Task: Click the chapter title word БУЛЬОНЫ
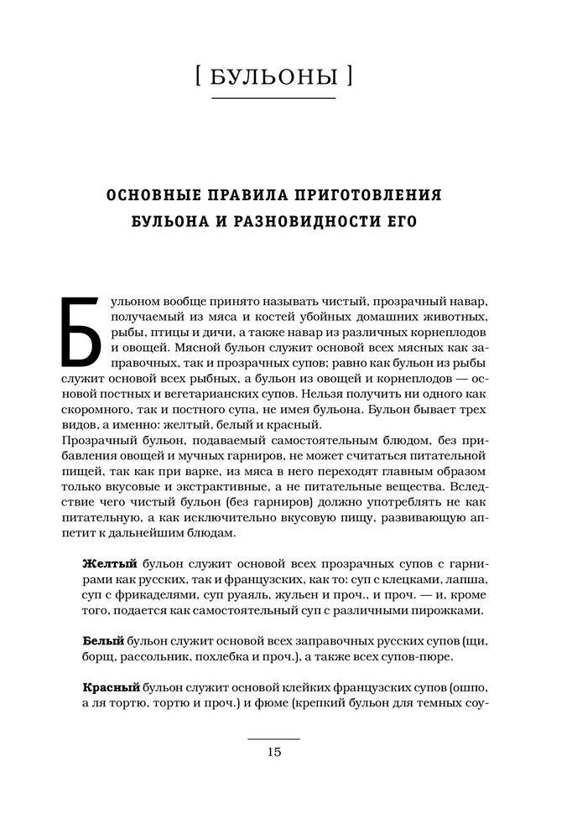274,78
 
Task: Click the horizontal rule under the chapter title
273,100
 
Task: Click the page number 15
273,752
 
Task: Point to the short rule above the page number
273,738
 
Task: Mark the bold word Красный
112,687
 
